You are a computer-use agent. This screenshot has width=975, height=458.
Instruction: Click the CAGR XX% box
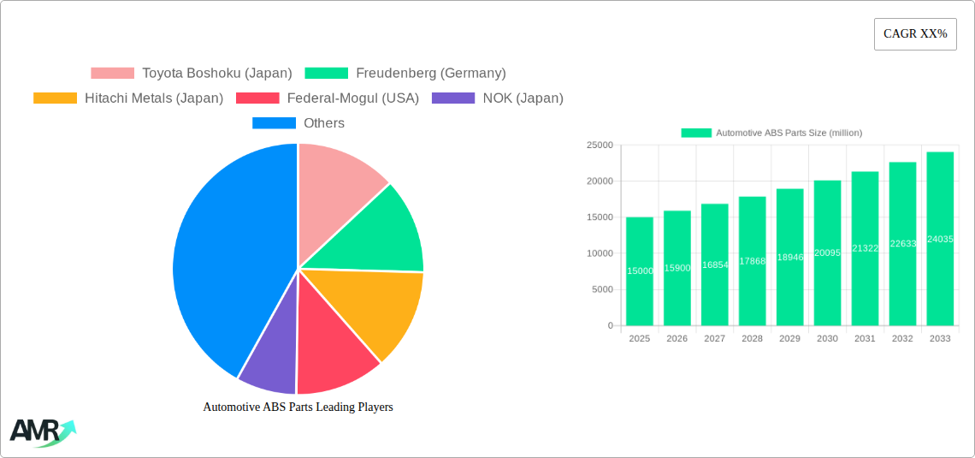pos(914,34)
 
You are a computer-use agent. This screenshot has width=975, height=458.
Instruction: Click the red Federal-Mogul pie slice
pos(334,351)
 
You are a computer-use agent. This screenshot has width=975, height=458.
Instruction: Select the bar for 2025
pos(640,271)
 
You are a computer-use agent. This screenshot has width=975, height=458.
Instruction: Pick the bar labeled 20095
pos(827,253)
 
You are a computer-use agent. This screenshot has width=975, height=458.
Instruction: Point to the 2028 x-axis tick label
pos(752,339)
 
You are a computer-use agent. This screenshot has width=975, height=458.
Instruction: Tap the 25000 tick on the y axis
pos(599,146)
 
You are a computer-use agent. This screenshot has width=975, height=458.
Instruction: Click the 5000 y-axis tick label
pos(601,289)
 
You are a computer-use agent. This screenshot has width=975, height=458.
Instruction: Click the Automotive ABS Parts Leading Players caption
pos(298,407)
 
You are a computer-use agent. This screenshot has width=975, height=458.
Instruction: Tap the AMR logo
pos(41,431)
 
